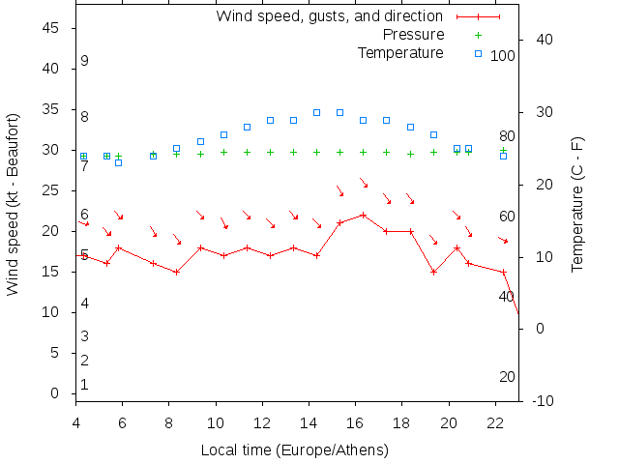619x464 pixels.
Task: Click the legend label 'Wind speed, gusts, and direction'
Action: point(329,15)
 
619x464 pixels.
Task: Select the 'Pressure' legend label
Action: point(413,34)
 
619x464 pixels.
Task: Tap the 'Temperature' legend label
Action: point(400,52)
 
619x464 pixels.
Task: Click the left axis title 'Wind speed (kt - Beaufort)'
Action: point(13,204)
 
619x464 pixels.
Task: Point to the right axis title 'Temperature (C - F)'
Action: point(577,204)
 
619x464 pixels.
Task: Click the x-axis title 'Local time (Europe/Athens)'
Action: point(294,450)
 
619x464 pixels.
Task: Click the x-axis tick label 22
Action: point(495,421)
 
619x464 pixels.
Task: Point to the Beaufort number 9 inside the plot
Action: point(85,61)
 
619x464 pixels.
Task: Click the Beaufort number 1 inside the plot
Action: point(85,385)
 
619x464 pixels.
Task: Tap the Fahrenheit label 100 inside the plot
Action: point(502,56)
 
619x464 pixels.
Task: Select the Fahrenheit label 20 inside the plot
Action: point(507,376)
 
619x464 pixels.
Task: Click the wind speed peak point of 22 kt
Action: point(363,215)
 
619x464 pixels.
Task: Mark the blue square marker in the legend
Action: point(478,52)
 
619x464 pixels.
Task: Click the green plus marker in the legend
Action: point(478,34)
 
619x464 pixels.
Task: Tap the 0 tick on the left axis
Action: point(56,393)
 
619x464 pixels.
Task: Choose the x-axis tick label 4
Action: point(75,421)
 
